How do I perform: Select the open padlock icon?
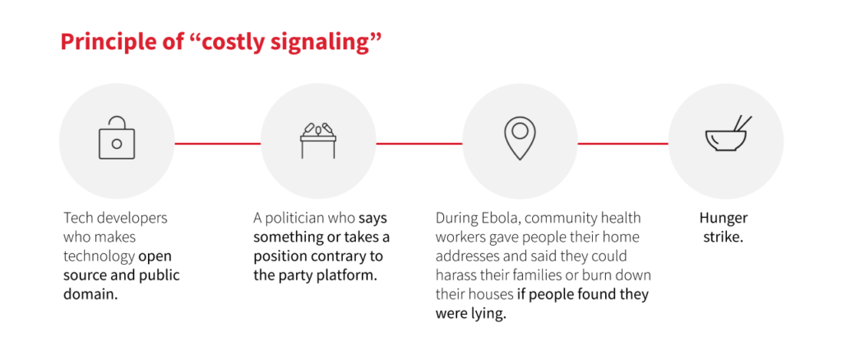117,138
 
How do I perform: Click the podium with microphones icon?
318,141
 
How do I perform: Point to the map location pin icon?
520,137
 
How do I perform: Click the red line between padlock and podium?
217,143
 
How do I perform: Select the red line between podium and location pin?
419,143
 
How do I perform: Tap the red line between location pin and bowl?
623,143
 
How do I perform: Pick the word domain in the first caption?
88,294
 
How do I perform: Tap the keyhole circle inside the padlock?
117,143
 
